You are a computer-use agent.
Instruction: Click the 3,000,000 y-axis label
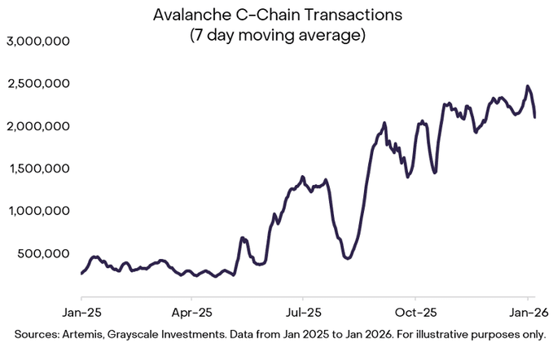37,42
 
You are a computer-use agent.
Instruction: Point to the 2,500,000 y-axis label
37,84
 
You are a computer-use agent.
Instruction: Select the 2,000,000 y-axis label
37,126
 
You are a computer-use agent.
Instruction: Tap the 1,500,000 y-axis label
37,169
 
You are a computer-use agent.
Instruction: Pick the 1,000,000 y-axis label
37,211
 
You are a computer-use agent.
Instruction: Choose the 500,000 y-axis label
42,253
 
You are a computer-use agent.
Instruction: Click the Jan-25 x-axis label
81,312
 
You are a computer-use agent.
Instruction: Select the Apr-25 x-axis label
193,312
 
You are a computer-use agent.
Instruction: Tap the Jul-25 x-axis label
302,312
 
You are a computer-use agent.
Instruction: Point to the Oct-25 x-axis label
415,312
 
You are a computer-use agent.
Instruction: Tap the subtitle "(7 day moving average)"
277,36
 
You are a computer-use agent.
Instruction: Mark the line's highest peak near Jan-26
528,86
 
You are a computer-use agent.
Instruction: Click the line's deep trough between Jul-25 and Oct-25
348,258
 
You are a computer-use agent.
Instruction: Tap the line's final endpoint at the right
534,117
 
